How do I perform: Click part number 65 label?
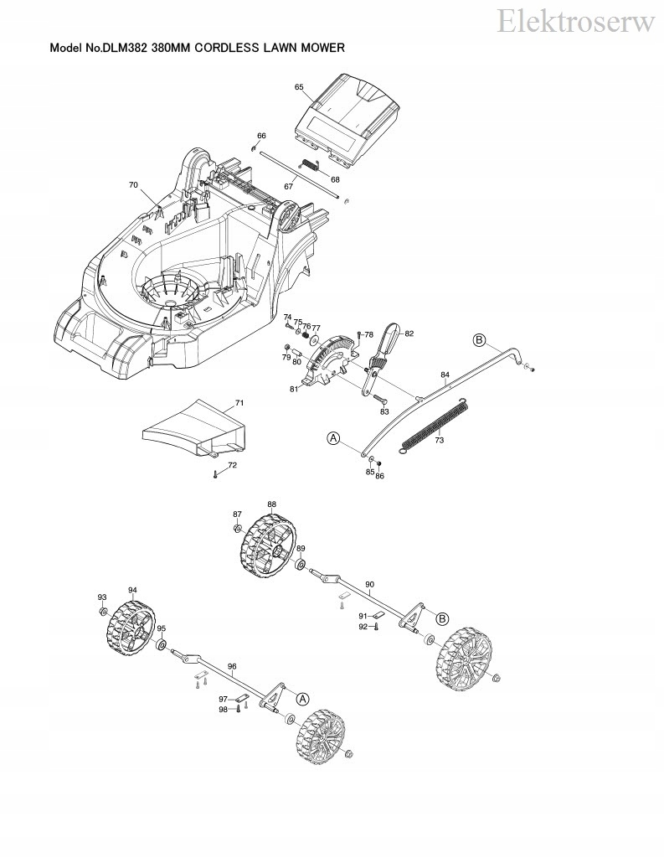pos(299,87)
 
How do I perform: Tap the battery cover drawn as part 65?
pos(347,113)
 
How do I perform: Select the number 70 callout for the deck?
pos(133,184)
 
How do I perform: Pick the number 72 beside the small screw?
pos(233,465)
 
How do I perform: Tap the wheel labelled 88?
pos(270,548)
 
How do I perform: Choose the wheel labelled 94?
pos(134,625)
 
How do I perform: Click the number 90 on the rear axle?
pos(370,583)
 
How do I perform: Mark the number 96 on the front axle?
pos(232,667)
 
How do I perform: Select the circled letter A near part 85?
pos(332,437)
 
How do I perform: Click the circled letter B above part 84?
pos(479,339)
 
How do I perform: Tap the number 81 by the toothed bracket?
pos(294,389)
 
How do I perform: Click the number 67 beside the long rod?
pos(288,186)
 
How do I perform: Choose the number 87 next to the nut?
pos(237,514)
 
